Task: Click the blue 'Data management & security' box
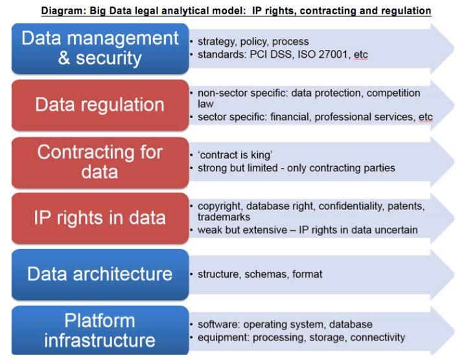click(100, 49)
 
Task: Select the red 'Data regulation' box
click(100, 105)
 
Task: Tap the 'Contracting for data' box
click(100, 162)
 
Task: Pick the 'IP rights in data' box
click(100, 219)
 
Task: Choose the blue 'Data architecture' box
click(100, 274)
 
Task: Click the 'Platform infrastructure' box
click(100, 330)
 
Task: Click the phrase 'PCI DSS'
click(271, 54)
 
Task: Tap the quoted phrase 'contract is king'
click(235, 155)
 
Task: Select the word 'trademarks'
click(224, 217)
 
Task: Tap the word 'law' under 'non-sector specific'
click(205, 104)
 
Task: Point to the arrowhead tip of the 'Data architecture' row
click(454, 274)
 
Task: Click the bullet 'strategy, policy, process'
click(253, 42)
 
